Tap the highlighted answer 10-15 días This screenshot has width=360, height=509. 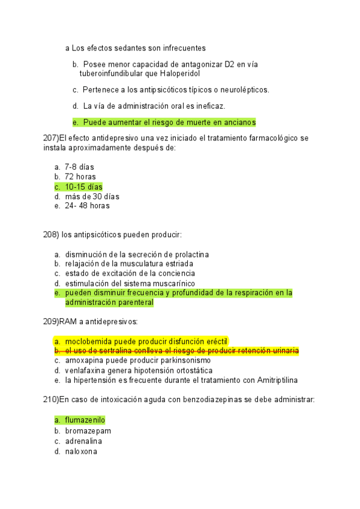[x=83, y=187]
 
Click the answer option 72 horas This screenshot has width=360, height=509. [x=80, y=176]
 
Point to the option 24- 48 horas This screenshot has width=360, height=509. [x=87, y=206]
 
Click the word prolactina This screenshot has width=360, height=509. [x=190, y=254]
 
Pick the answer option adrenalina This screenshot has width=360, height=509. [x=83, y=441]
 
